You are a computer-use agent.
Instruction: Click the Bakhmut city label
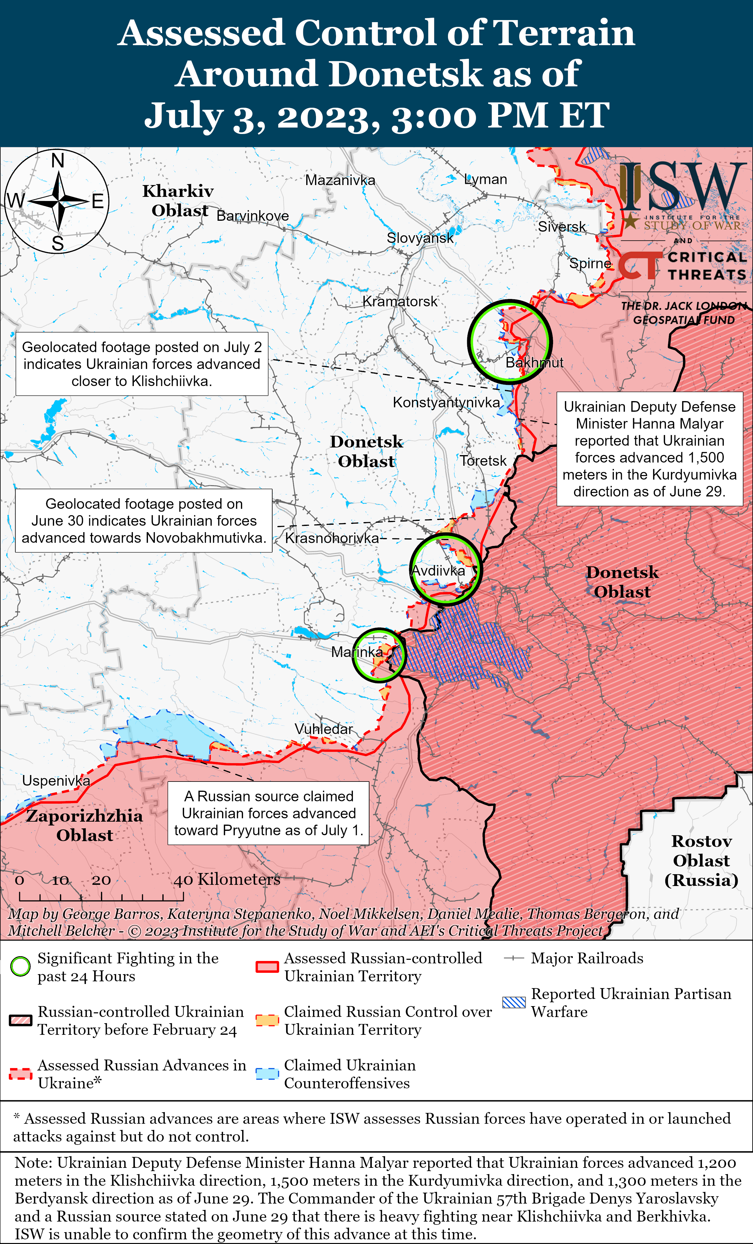[x=534, y=362]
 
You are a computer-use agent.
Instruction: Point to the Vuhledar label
[x=323, y=729]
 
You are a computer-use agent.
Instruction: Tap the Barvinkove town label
[x=252, y=216]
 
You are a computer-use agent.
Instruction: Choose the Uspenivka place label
[x=56, y=781]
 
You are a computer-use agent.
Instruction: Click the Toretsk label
[x=483, y=460]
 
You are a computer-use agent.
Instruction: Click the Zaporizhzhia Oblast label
[x=84, y=825]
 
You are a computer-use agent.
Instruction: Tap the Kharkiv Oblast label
[x=178, y=200]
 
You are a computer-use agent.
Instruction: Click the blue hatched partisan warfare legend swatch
[x=514, y=1002]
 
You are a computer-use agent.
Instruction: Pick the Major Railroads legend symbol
[x=514, y=958]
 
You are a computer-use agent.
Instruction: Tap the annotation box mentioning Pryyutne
[x=268, y=813]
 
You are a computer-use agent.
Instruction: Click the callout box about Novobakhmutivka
[x=144, y=521]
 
